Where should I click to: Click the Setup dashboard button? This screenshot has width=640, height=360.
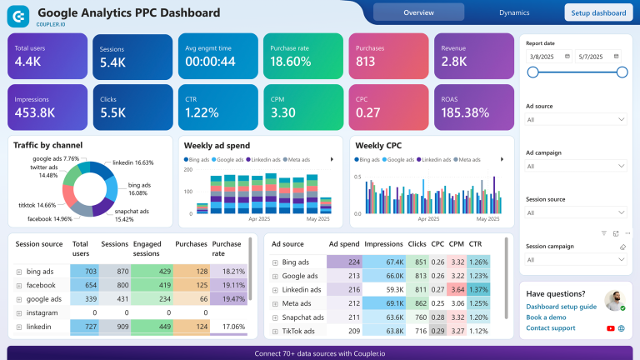pyautogui.click(x=598, y=12)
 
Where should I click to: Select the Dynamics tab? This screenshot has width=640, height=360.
pyautogui.click(x=514, y=12)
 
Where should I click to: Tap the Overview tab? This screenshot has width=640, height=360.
pyautogui.click(x=417, y=12)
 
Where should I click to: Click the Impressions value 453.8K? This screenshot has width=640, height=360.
pyautogui.click(x=35, y=112)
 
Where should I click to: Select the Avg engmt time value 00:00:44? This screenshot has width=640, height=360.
pyautogui.click(x=210, y=62)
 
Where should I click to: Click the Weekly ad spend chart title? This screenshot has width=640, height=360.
pyautogui.click(x=216, y=145)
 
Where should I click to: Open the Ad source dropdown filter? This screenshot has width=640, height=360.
pyautogui.click(x=576, y=120)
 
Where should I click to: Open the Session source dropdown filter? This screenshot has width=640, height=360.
pyautogui.click(x=576, y=212)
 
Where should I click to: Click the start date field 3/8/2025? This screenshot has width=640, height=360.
pyautogui.click(x=550, y=56)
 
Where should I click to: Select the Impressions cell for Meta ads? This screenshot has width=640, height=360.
pyautogui.click(x=384, y=303)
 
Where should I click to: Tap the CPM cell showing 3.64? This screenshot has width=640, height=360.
pyautogui.click(x=457, y=289)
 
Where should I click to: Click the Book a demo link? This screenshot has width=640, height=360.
pyautogui.click(x=547, y=317)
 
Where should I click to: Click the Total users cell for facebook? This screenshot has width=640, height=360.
pyautogui.click(x=84, y=285)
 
